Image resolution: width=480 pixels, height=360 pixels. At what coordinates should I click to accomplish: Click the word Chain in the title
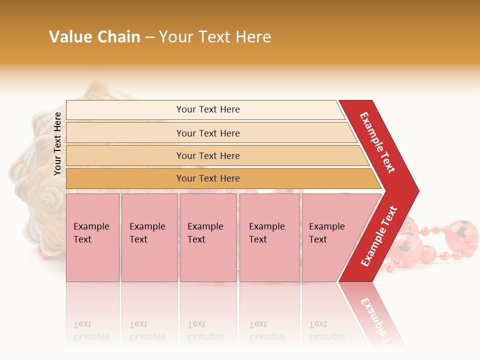click(x=117, y=37)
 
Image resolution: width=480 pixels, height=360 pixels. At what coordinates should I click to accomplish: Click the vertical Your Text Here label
click(x=57, y=143)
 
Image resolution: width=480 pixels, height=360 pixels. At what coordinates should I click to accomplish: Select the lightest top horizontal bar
click(x=207, y=109)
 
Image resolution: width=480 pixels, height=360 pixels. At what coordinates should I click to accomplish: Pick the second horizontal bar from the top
click(x=207, y=133)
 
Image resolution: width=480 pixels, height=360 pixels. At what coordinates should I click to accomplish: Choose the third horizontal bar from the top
click(x=207, y=155)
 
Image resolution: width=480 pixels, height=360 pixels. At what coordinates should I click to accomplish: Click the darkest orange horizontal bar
click(x=207, y=178)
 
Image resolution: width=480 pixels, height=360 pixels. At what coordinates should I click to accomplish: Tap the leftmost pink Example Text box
click(x=92, y=237)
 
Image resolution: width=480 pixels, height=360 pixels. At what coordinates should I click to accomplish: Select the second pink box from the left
click(x=149, y=237)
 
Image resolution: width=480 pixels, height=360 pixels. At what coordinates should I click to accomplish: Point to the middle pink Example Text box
click(x=208, y=237)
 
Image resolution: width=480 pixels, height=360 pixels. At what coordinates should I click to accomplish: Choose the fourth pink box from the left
click(x=269, y=237)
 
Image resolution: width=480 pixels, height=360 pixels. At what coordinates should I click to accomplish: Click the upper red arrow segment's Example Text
click(x=377, y=142)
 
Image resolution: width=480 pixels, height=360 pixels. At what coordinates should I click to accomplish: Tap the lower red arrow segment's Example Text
click(x=379, y=236)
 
